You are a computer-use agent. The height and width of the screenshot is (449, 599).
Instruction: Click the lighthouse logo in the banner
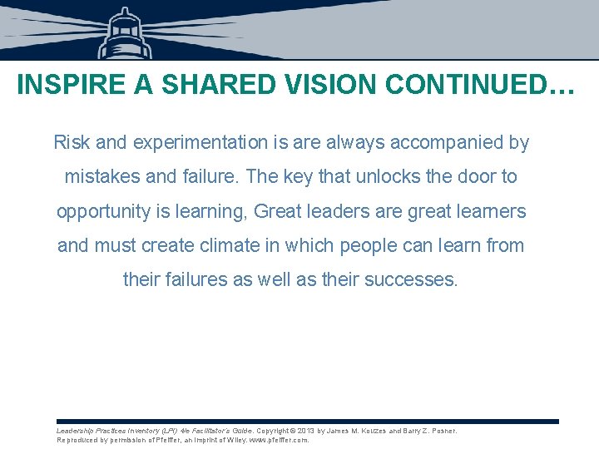[x=125, y=33]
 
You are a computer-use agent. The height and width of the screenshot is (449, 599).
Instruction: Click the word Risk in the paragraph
[x=72, y=142]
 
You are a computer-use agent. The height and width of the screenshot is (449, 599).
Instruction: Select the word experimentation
[x=196, y=142]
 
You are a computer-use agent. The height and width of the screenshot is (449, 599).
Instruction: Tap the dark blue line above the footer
[x=308, y=422]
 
